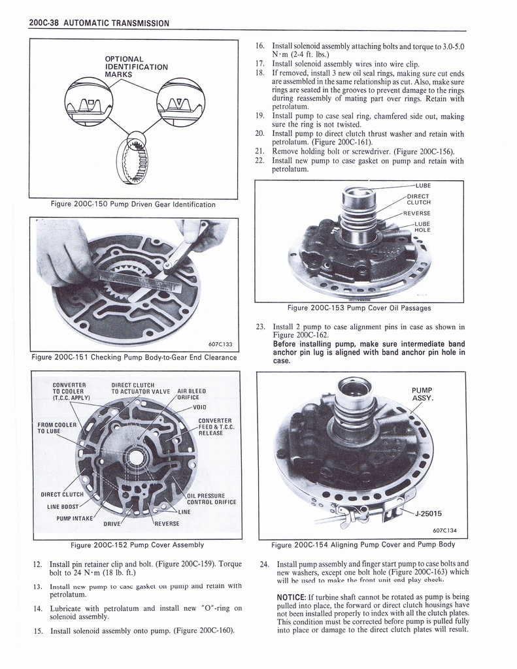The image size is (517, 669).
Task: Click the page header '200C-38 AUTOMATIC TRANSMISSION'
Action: pyautogui.click(x=99, y=23)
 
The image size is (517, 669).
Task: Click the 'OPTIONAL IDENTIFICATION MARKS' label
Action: pyautogui.click(x=137, y=67)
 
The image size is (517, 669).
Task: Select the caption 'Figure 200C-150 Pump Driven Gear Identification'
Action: pyautogui.click(x=133, y=204)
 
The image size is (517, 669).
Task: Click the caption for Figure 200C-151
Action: pyautogui.click(x=134, y=357)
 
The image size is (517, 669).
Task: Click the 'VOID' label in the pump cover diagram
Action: pyautogui.click(x=200, y=406)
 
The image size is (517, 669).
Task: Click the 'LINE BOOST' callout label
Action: pyautogui.click(x=63, y=506)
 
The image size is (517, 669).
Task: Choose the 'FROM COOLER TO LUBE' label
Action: pyautogui.click(x=57, y=428)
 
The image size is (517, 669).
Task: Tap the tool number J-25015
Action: pyautogui.click(x=433, y=513)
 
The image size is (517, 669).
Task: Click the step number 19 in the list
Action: pyautogui.click(x=259, y=116)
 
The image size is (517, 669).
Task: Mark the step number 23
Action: pyautogui.click(x=259, y=327)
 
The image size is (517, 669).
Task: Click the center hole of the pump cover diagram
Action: pyautogui.click(x=137, y=457)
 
